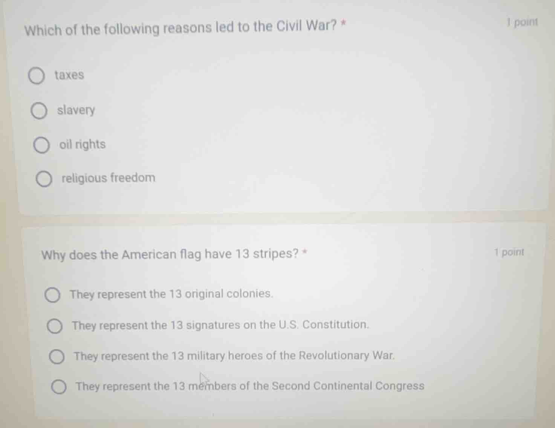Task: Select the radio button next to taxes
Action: [37, 76]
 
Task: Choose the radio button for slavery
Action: [39, 111]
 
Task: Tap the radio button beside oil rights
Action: [41, 146]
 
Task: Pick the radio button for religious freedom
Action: [44, 179]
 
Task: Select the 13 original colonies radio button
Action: [52, 295]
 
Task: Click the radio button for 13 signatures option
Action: [55, 327]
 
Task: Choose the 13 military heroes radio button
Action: [57, 357]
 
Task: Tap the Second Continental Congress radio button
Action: [59, 387]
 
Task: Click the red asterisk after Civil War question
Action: [343, 24]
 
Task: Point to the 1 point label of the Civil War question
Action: [522, 22]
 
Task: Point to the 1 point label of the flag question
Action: [509, 252]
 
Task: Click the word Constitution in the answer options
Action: [335, 325]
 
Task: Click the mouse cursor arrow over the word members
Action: [203, 379]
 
